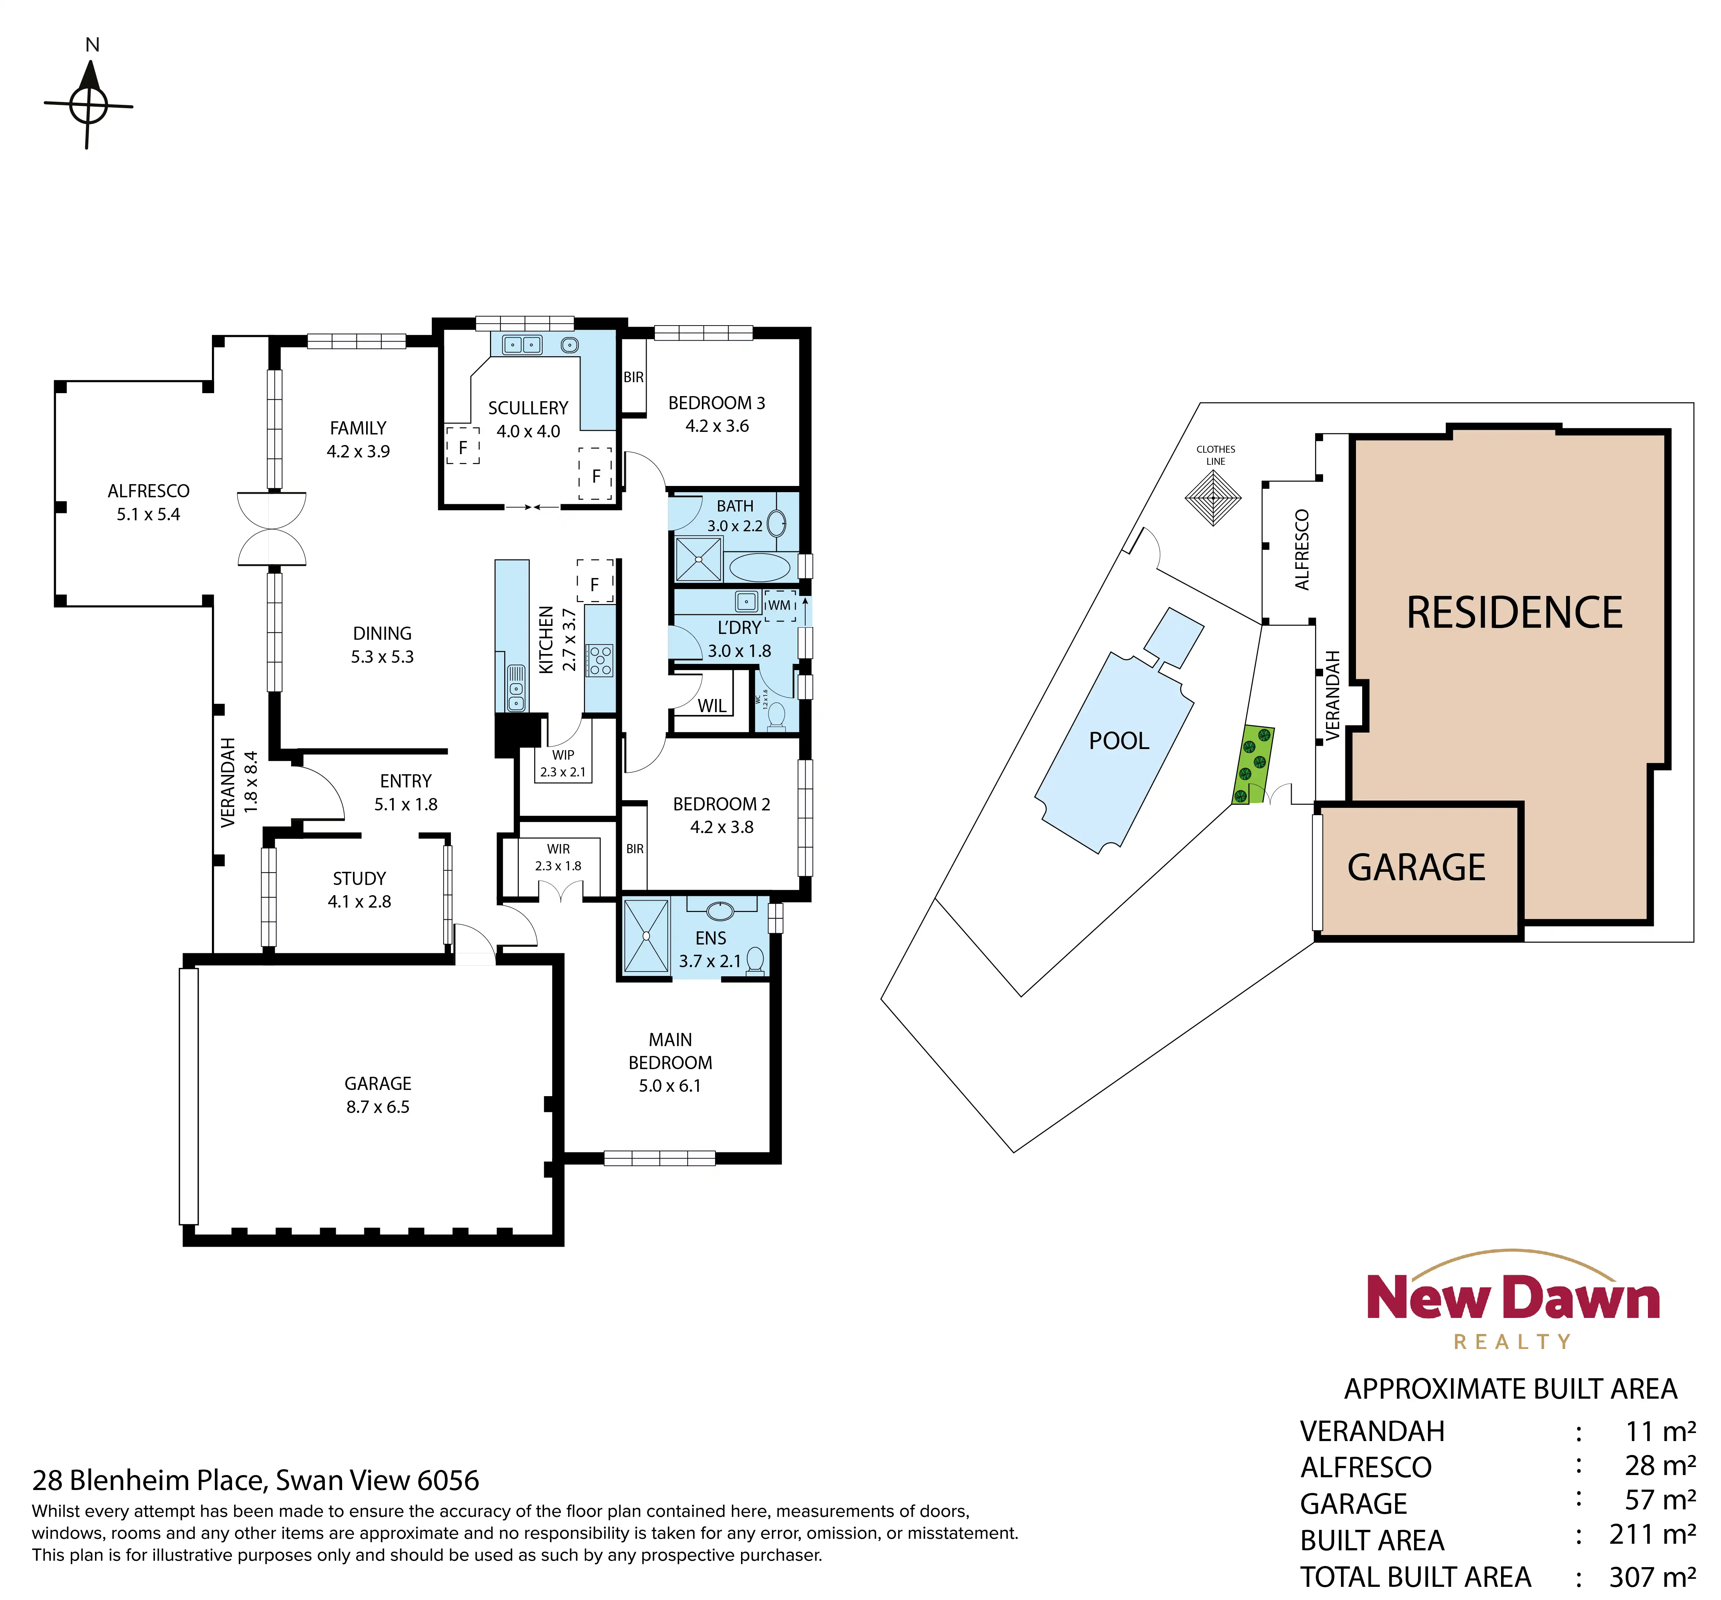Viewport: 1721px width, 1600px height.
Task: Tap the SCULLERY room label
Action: click(528, 408)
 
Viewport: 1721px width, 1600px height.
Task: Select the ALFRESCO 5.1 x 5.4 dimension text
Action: click(149, 514)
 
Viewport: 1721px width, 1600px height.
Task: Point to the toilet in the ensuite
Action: click(756, 960)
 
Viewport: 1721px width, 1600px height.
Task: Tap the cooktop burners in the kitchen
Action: click(600, 660)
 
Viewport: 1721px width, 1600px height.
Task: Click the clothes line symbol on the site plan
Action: click(1213, 498)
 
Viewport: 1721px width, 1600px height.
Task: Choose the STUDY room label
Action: click(359, 879)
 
